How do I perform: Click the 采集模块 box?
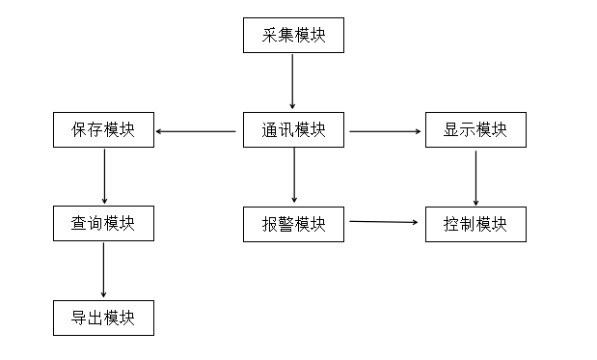click(292, 36)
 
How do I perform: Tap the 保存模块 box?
click(103, 130)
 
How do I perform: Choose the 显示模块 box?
click(475, 130)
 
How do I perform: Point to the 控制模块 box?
click(475, 224)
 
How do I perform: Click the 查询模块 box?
click(103, 224)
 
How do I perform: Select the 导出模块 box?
click(103, 318)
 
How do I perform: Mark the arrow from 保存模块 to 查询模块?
click(103, 177)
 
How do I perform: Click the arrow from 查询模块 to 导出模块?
click(103, 270)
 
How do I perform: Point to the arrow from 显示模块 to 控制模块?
click(475, 177)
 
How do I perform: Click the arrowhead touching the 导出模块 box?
click(103, 294)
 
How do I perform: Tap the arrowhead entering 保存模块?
click(159, 131)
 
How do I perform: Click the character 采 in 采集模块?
click(269, 36)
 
